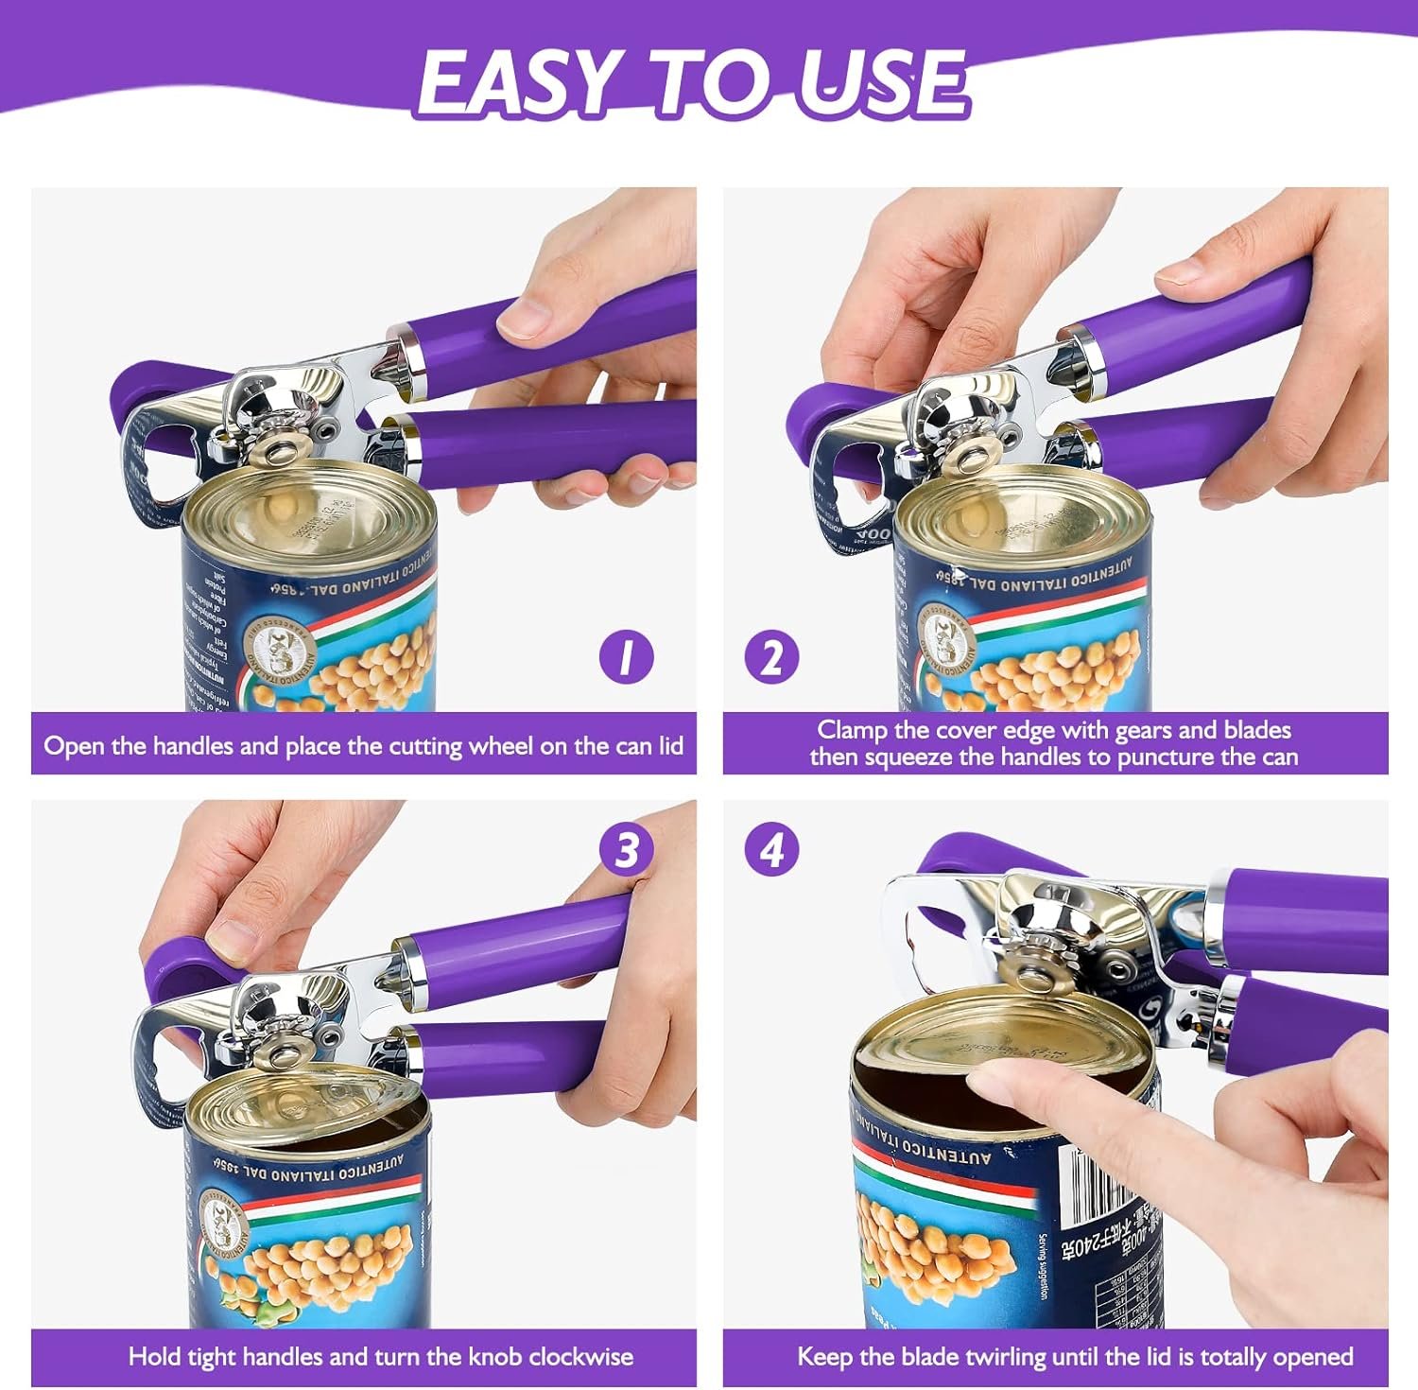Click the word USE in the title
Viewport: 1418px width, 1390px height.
pyautogui.click(x=883, y=83)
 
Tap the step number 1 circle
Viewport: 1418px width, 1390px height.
pyautogui.click(x=626, y=656)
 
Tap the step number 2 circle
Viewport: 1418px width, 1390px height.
pyautogui.click(x=771, y=656)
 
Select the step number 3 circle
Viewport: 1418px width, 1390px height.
pyautogui.click(x=627, y=850)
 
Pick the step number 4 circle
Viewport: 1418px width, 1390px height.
pyautogui.click(x=771, y=850)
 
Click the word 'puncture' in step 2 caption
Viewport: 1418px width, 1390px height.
pyautogui.click(x=1167, y=757)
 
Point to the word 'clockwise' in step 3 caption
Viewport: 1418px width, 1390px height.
pyautogui.click(x=580, y=1357)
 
